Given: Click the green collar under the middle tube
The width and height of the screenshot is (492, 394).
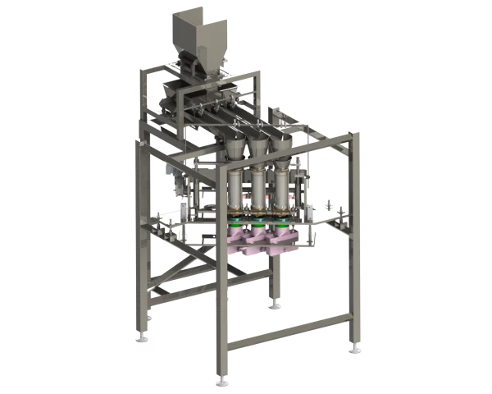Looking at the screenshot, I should coord(260,224).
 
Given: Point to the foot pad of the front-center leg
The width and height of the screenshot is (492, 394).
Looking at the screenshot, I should coord(219,380).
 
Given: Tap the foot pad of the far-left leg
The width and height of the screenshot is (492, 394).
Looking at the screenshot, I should coord(144,337).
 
